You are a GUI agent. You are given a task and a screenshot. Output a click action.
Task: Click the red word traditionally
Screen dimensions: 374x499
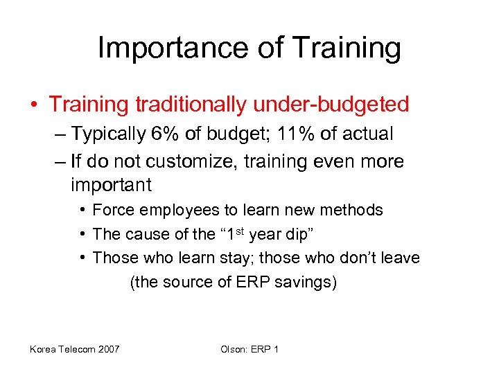point(191,105)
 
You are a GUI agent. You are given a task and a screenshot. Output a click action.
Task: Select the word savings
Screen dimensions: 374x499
point(308,282)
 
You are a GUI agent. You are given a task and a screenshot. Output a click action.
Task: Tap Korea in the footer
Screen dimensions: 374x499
point(43,349)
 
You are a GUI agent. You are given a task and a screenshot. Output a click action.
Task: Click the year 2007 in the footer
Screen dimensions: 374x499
point(107,349)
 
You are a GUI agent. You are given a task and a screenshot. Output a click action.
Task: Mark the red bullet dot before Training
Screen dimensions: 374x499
point(34,105)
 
